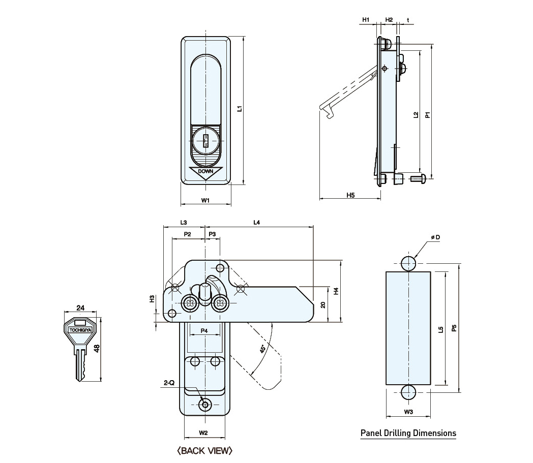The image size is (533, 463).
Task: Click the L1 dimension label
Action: point(240,108)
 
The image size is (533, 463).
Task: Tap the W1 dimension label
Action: point(205,201)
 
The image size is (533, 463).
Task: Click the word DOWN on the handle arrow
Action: point(205,171)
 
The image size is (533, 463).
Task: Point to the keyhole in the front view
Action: point(206,141)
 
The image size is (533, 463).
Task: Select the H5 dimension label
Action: point(350,195)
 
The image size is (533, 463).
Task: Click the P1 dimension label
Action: point(428,115)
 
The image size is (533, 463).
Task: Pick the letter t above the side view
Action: point(408,20)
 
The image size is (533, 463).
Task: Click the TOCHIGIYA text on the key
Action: point(80,329)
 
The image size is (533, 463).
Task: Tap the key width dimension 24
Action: point(80,307)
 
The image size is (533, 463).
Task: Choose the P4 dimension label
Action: point(204,331)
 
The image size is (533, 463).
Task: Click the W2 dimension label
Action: point(203,433)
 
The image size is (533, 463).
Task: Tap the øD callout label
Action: point(435,237)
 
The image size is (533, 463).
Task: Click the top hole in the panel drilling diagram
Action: point(408,263)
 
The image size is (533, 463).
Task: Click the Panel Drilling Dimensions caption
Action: point(408,434)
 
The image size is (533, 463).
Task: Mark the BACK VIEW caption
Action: point(204,450)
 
